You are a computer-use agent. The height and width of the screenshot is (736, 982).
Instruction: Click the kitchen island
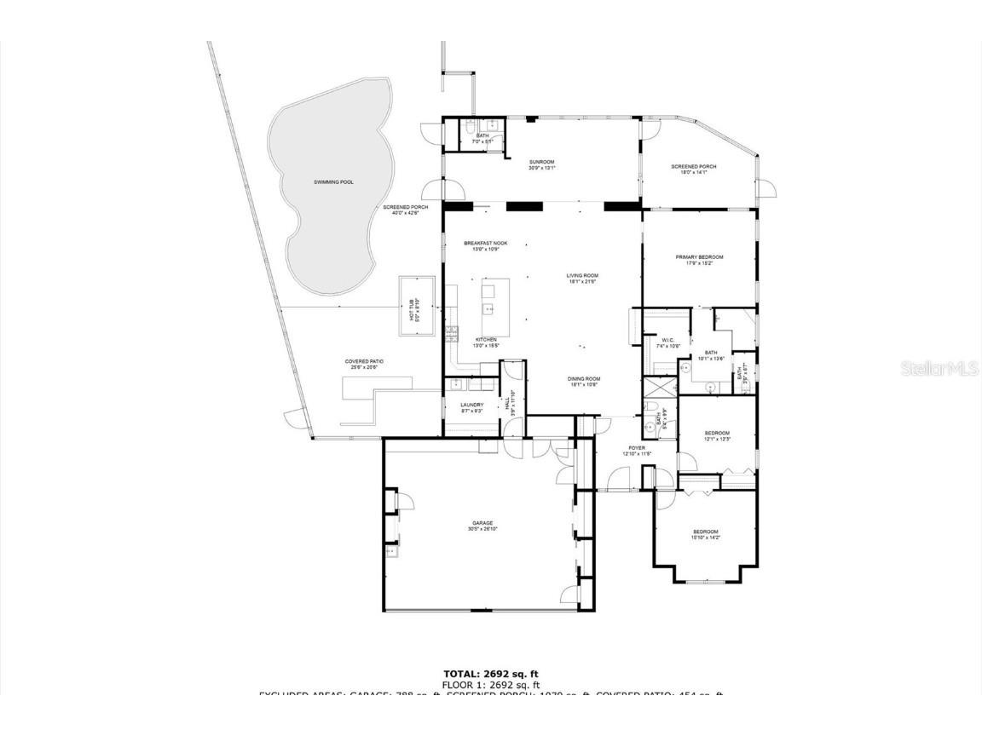495,307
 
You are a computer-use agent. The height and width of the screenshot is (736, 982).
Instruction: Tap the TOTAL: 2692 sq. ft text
490,674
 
